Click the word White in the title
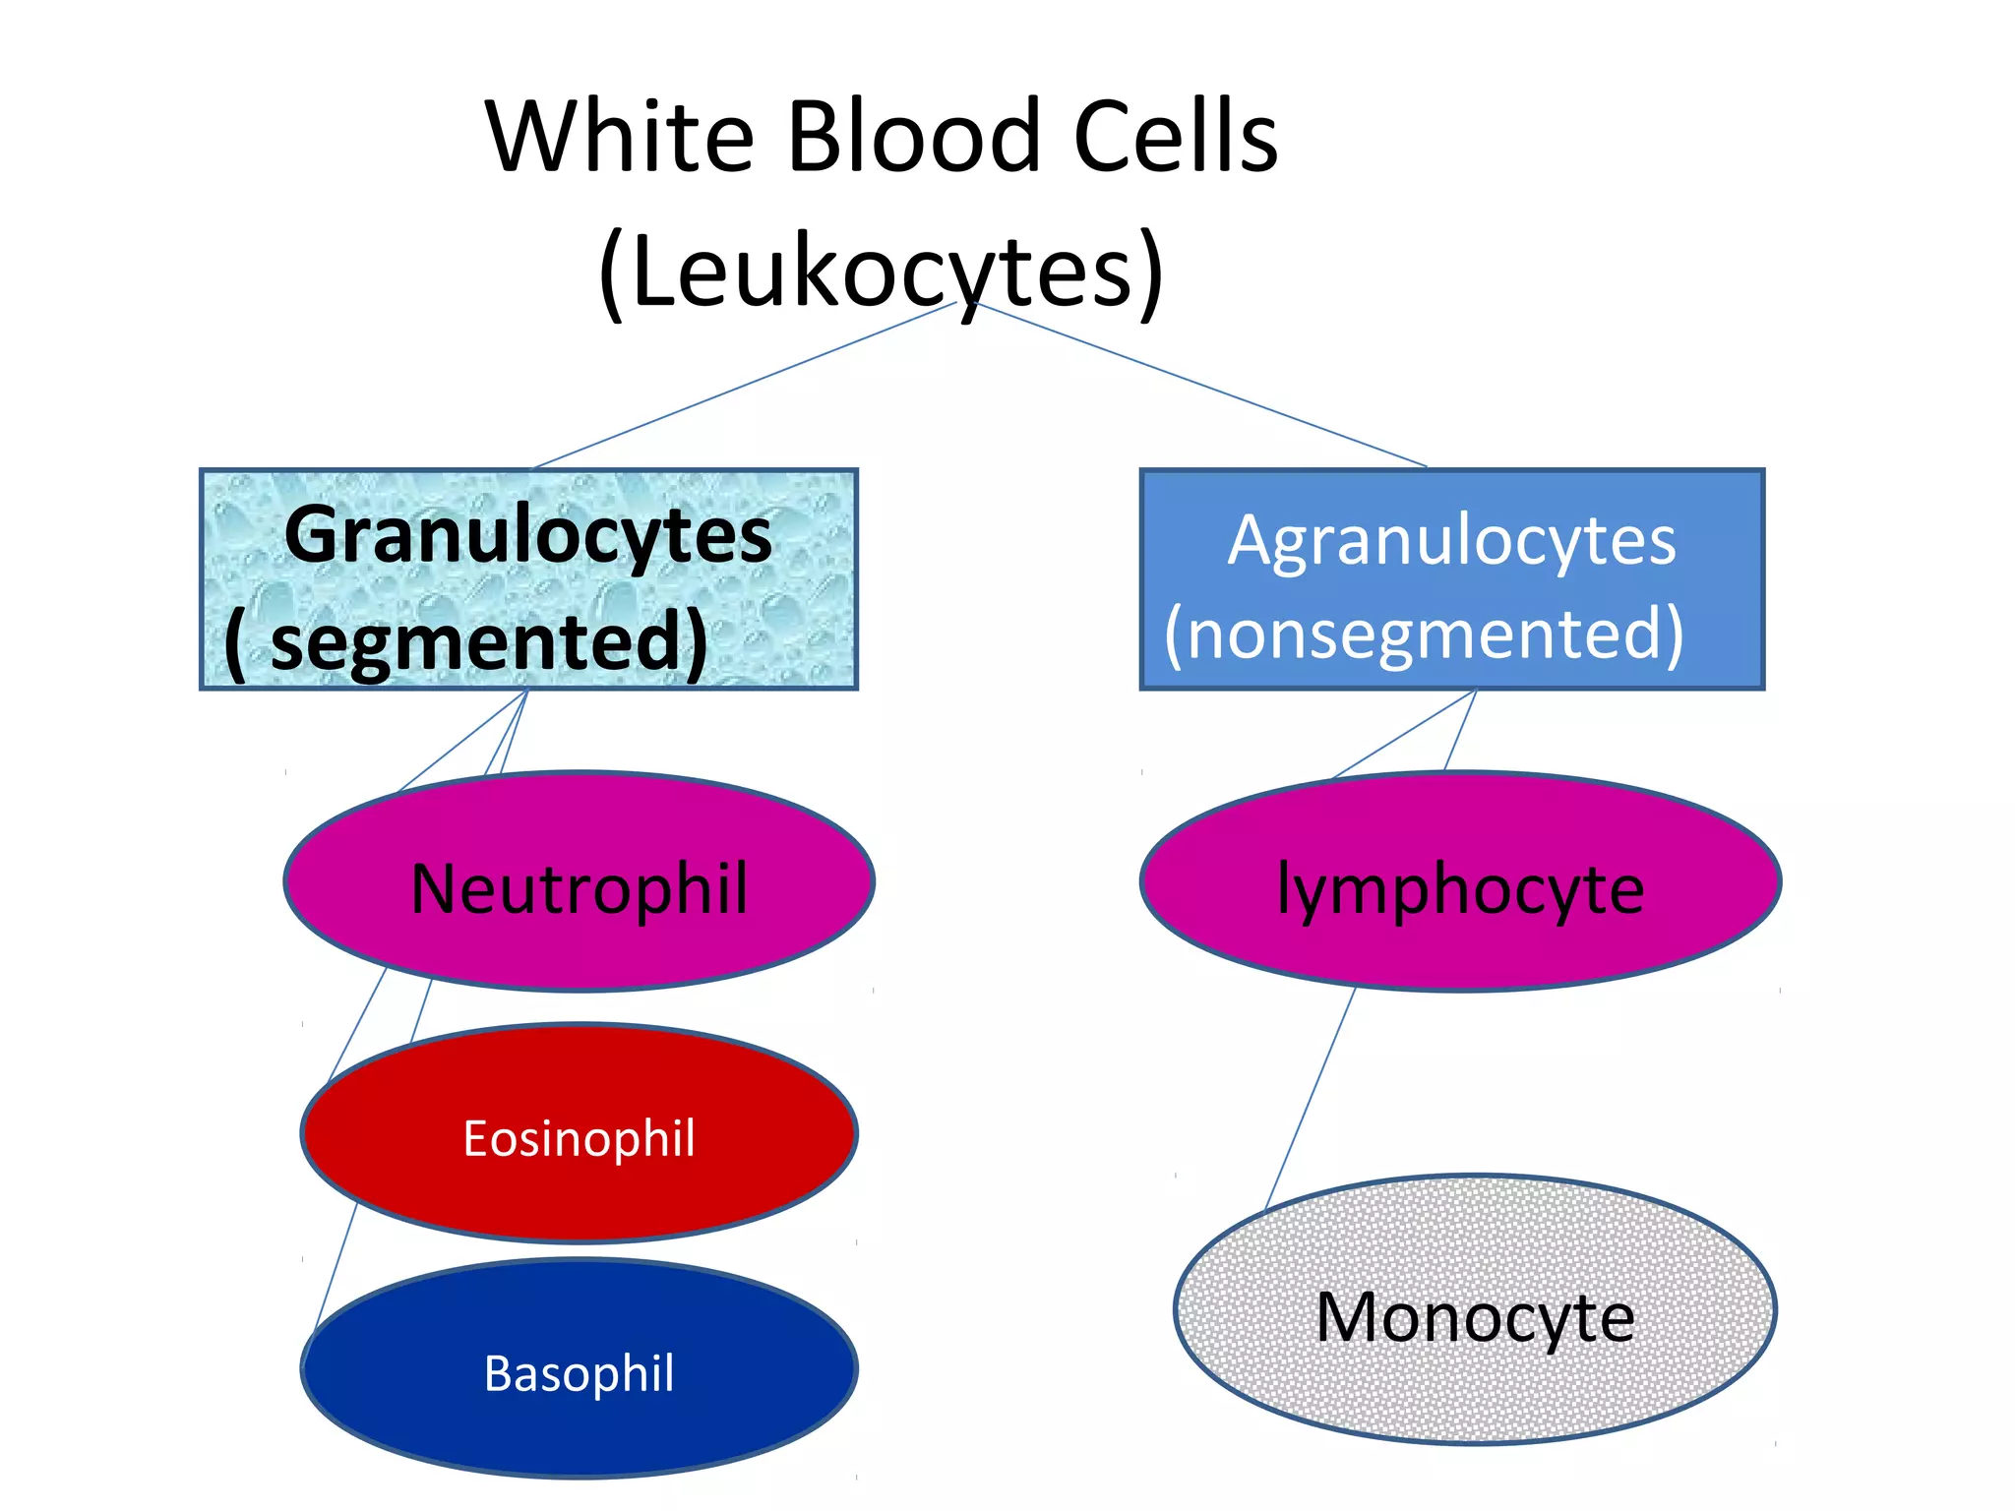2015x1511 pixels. [620, 138]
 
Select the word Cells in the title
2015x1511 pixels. [1175, 138]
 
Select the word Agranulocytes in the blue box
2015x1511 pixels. [1451, 542]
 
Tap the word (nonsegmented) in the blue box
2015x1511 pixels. [1424, 635]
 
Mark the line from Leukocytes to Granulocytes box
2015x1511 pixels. [745, 385]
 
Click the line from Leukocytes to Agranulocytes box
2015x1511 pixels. [1200, 384]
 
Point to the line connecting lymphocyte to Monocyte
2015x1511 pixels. [1310, 1098]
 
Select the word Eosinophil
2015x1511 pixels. [579, 1139]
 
